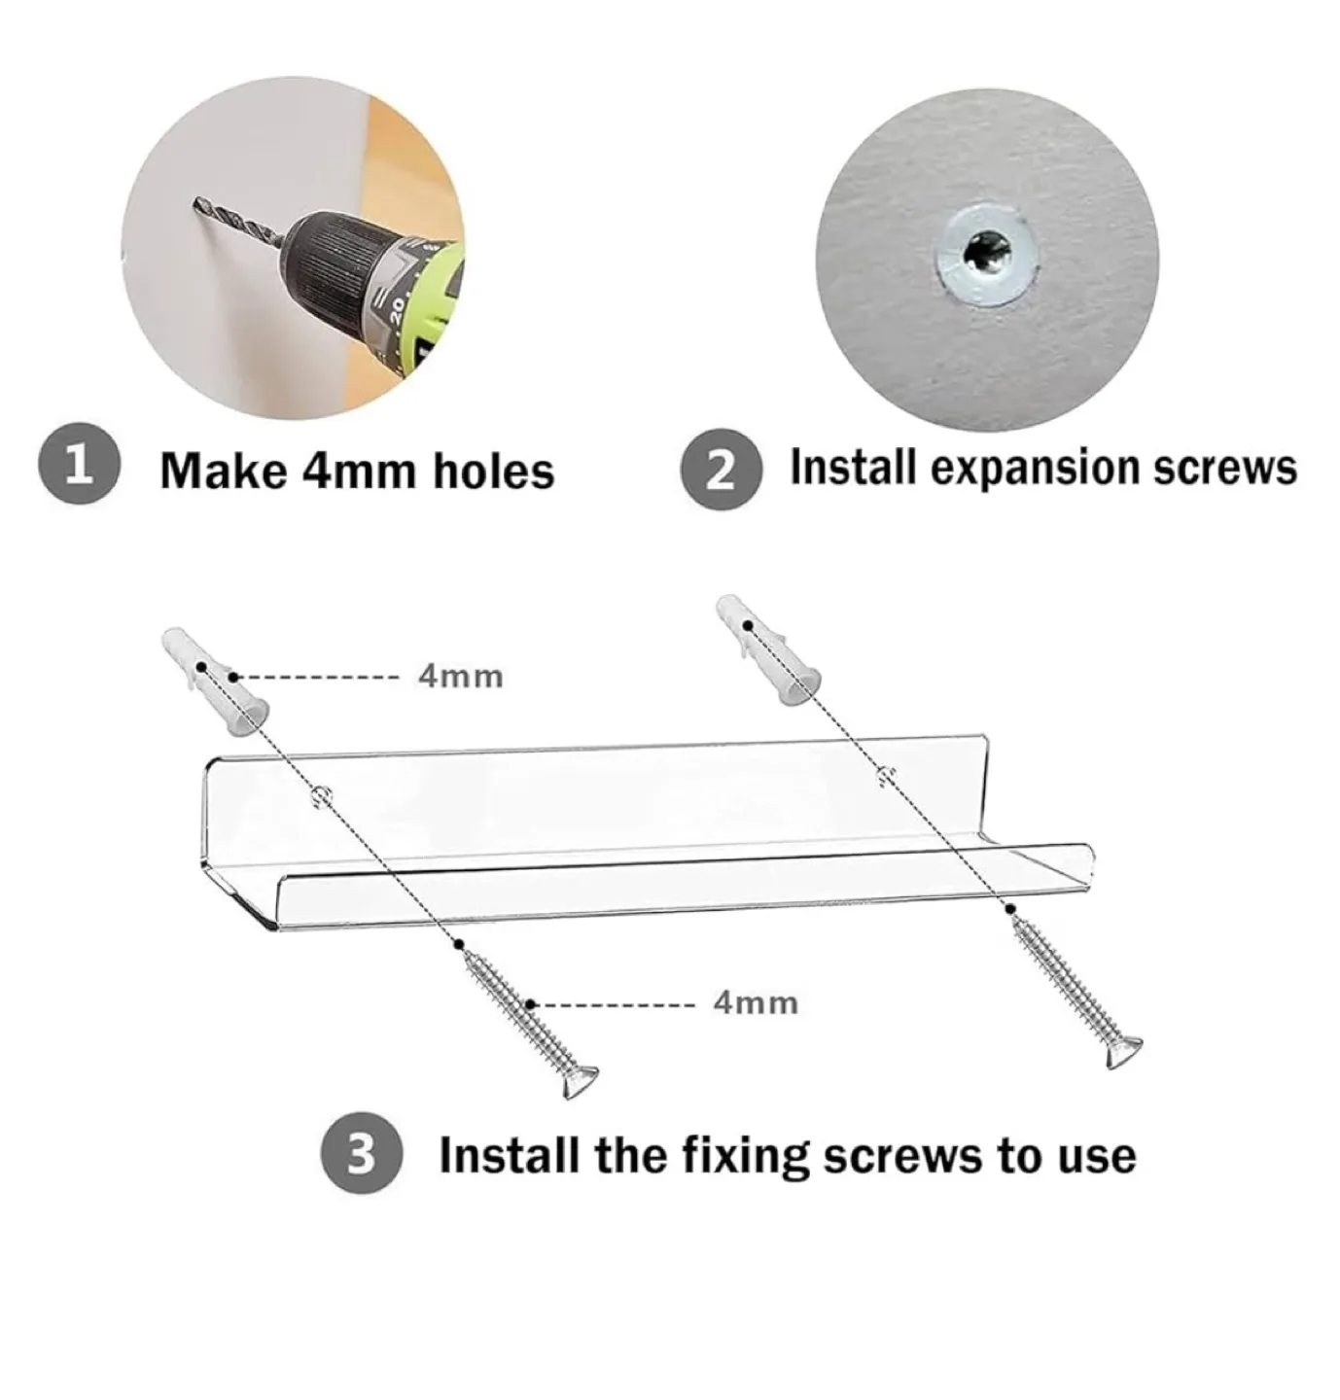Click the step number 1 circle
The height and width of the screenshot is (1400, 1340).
[79, 467]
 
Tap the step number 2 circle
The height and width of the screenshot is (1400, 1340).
[720, 471]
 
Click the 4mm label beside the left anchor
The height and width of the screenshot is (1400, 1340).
[461, 676]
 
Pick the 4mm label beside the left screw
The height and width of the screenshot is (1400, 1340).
[756, 1002]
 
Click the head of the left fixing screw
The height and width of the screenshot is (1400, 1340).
[581, 1081]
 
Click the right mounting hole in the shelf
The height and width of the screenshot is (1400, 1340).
[883, 774]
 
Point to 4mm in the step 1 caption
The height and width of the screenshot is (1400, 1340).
[360, 472]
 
